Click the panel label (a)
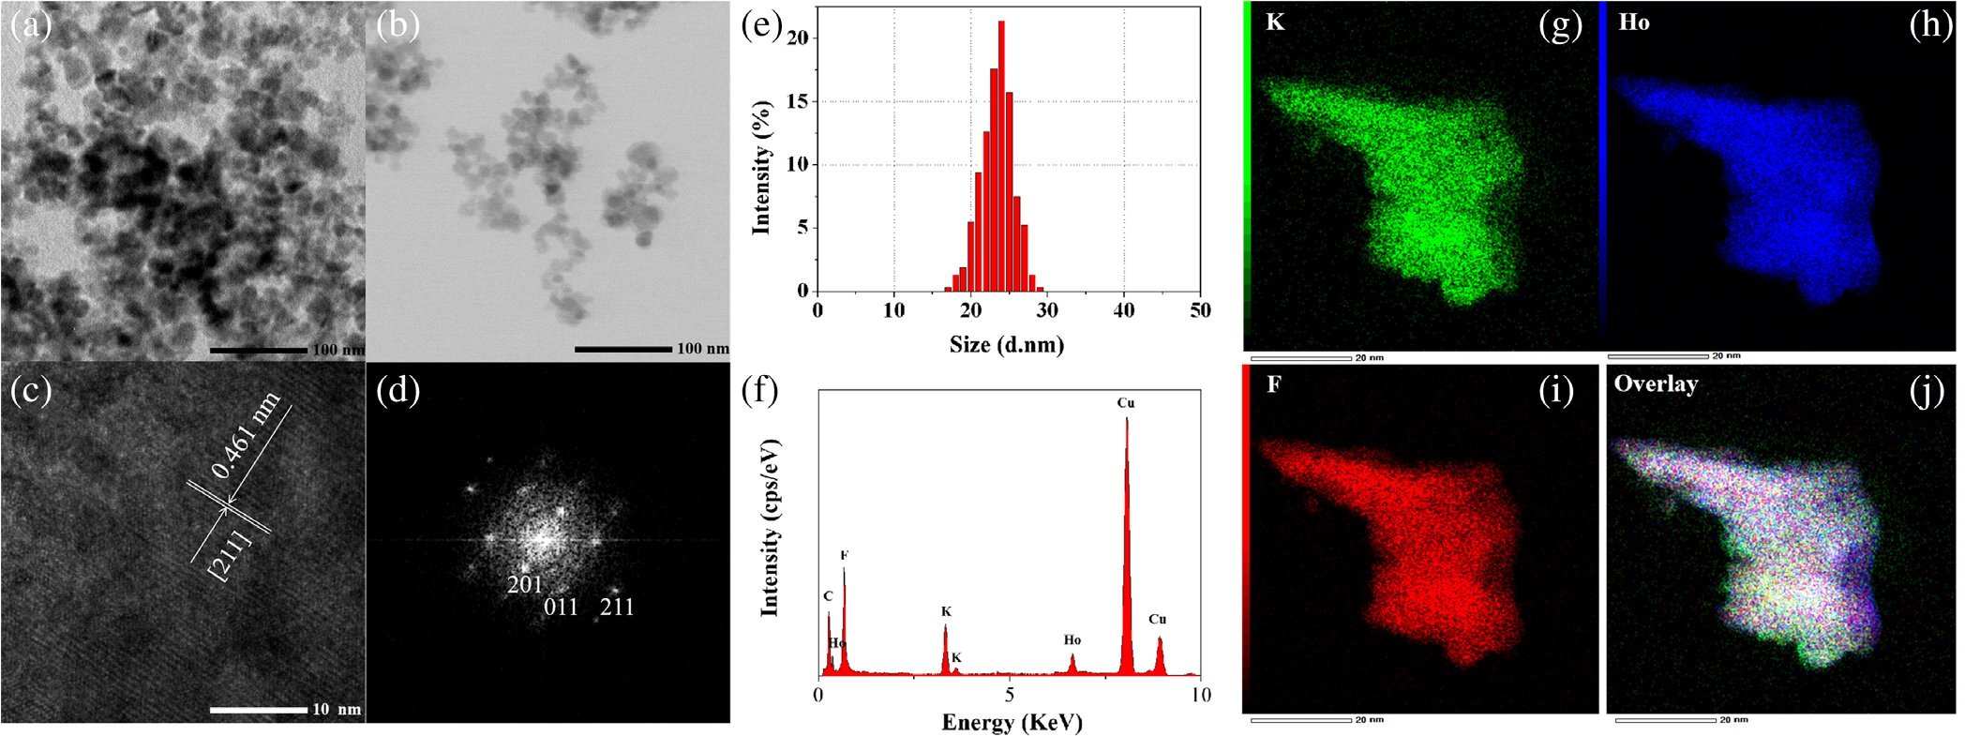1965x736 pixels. coord(30,25)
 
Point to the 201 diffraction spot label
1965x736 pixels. coord(525,585)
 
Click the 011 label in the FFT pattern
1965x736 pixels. coord(562,608)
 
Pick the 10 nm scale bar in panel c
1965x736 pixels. coord(259,710)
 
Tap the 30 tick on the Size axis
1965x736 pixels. coord(1047,310)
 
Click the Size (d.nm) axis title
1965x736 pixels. coord(1007,345)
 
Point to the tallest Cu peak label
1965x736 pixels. coord(1126,403)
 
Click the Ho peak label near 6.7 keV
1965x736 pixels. coord(1072,640)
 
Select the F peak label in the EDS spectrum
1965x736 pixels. coord(844,556)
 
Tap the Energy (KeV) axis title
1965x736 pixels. coord(1012,723)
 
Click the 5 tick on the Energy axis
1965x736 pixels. coord(1010,696)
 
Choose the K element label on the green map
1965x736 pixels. coord(1275,23)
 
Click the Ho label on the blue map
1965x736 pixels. coord(1634,23)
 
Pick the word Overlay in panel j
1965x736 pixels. coord(1656,384)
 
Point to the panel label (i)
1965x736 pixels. coord(1557,389)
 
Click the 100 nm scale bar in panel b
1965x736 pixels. coord(623,350)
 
